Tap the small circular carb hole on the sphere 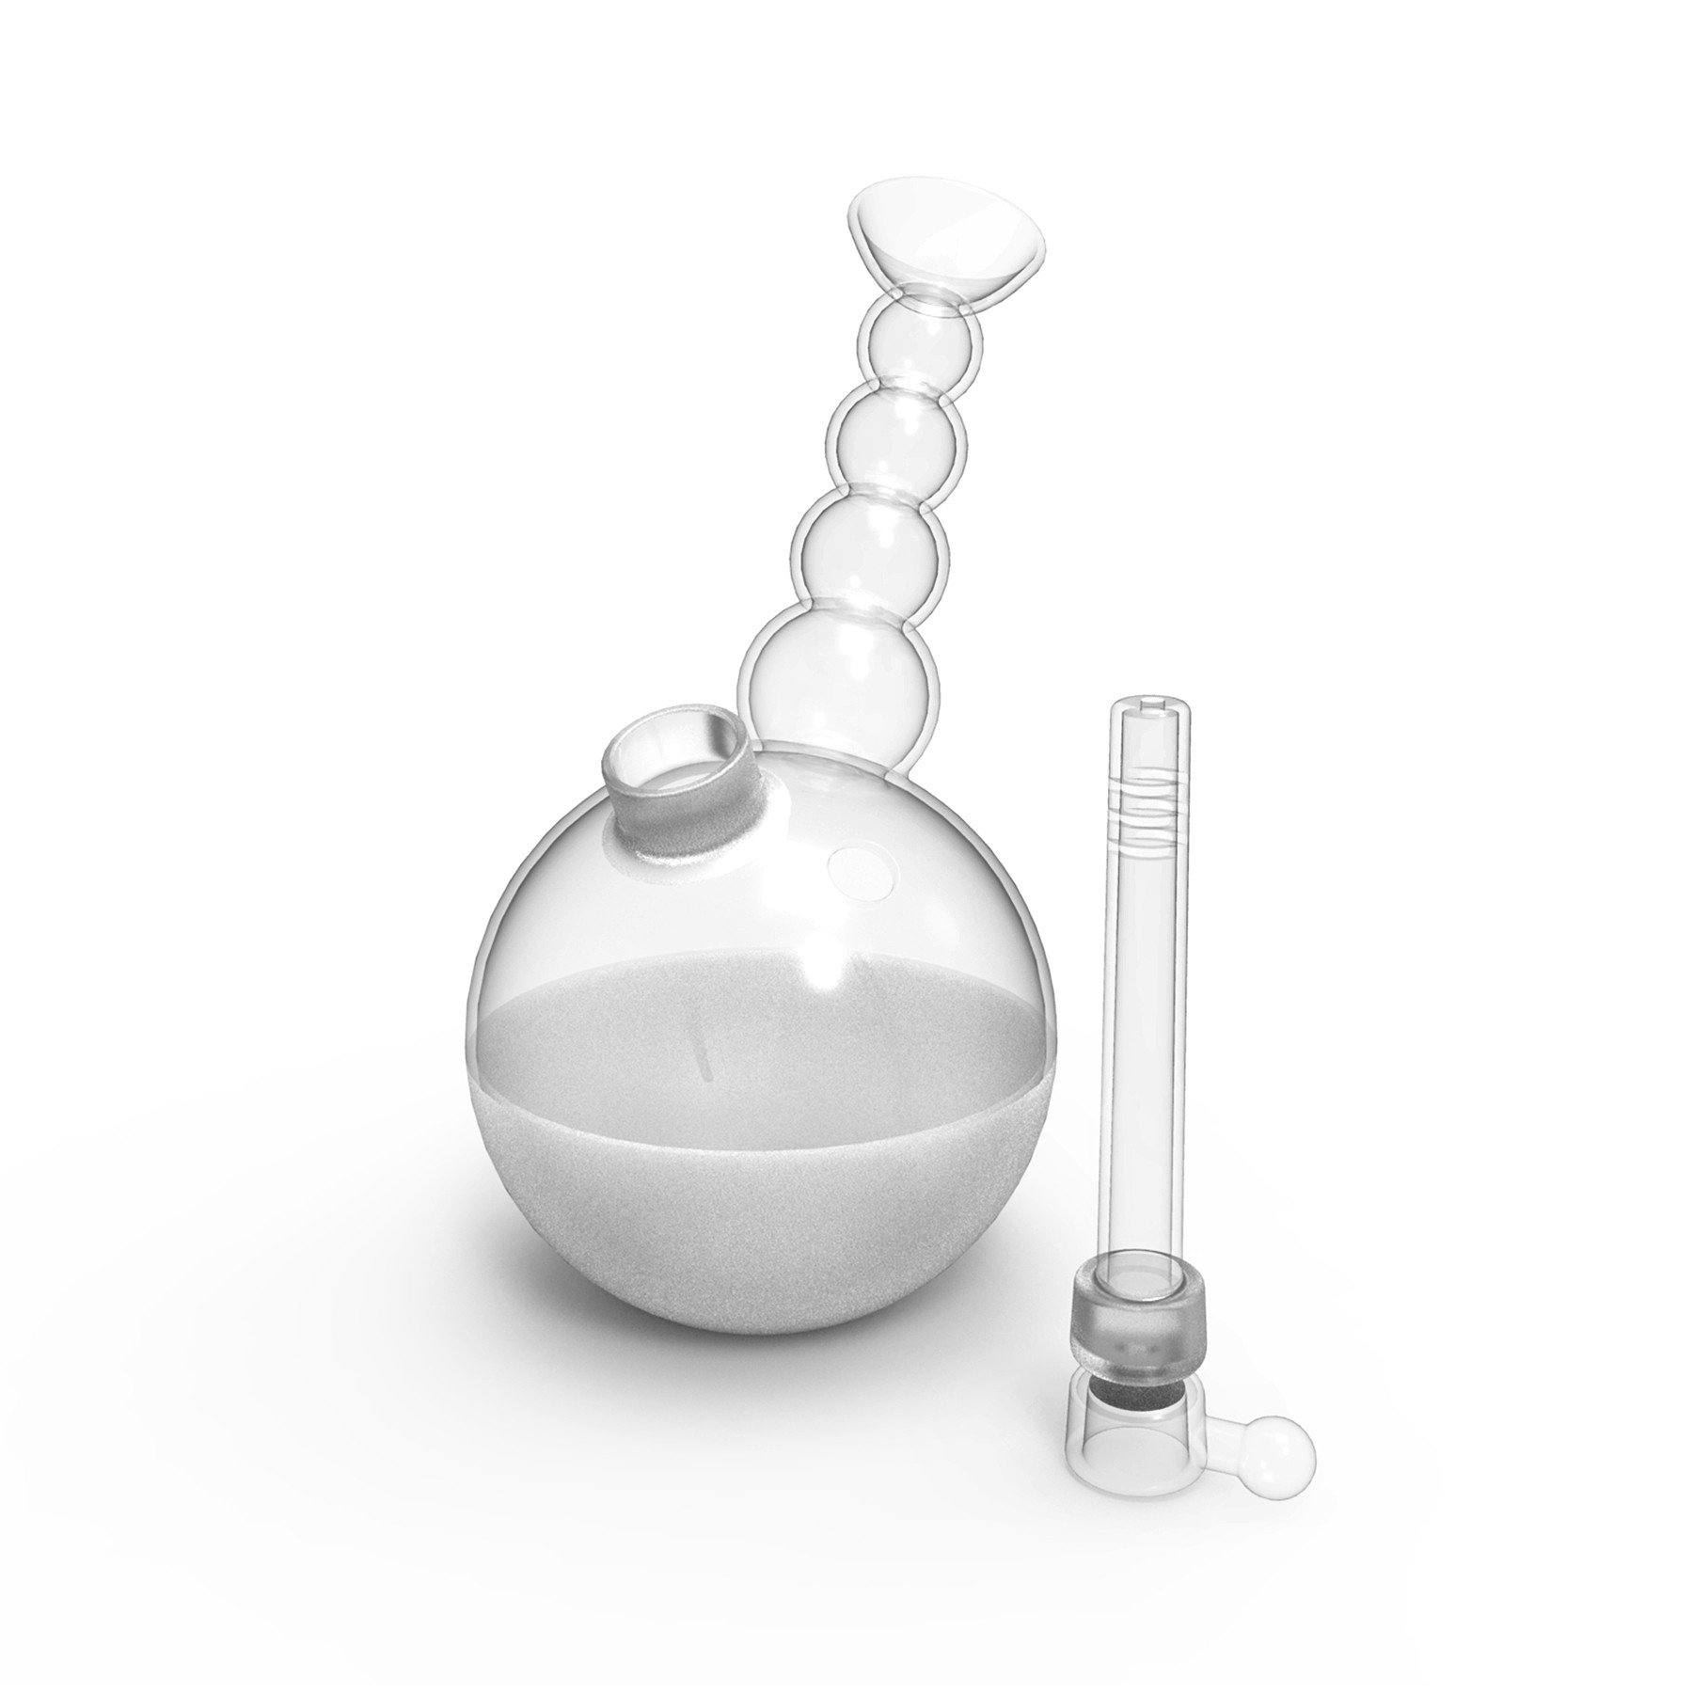[860, 870]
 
